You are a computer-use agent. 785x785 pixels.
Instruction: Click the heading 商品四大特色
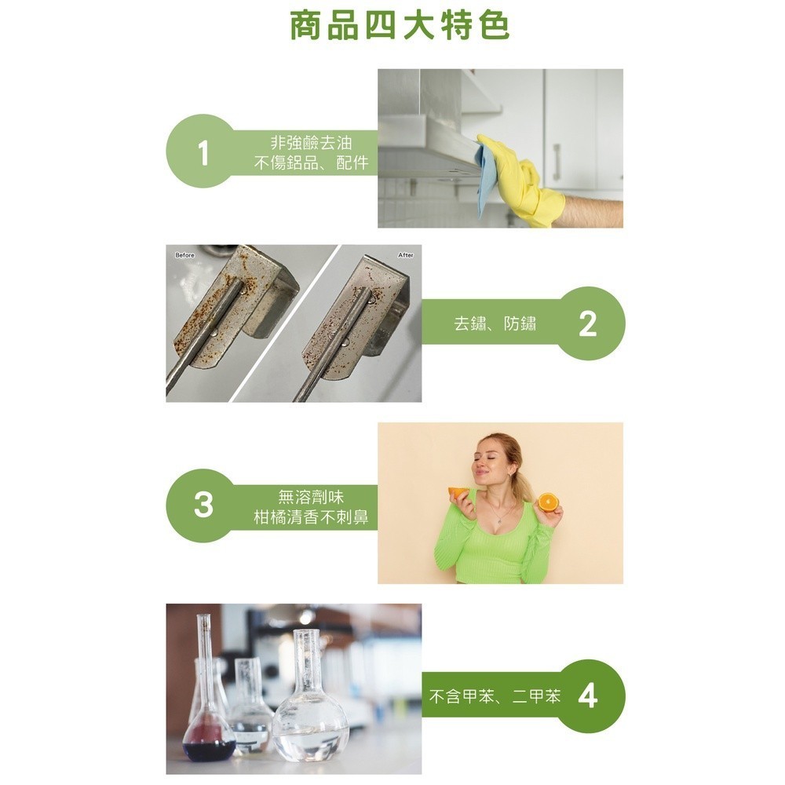point(399,26)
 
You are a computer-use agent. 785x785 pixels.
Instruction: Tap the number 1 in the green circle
point(203,153)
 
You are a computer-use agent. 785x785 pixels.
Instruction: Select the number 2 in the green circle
point(587,324)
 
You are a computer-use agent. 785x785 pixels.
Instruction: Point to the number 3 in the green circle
point(203,505)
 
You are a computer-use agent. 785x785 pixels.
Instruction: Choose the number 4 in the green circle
point(588,696)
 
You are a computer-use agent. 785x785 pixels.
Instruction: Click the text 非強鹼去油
point(311,143)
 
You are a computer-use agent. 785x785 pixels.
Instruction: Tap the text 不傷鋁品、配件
point(311,162)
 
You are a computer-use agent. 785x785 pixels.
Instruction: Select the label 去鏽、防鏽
point(495,323)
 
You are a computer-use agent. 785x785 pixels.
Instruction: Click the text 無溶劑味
point(311,497)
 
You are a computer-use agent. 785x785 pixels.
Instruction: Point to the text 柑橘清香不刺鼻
point(311,517)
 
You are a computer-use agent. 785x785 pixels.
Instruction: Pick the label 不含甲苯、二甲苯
point(495,696)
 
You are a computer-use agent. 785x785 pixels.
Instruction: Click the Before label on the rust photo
point(184,255)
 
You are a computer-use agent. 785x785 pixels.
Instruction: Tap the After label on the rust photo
point(406,255)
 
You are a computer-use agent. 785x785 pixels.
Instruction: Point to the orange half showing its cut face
point(548,502)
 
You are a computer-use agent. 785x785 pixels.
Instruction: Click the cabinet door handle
point(557,160)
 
